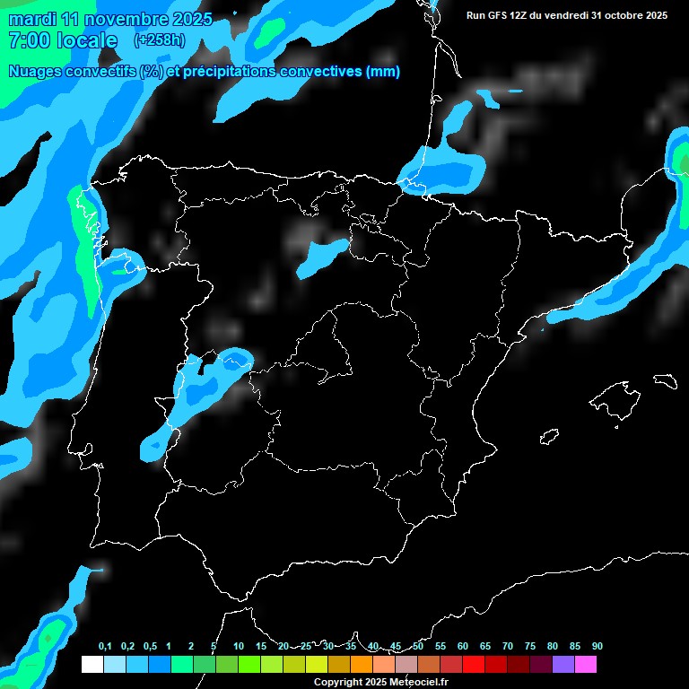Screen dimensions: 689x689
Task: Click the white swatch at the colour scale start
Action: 92,665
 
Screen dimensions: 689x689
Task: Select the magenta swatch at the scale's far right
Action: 585,665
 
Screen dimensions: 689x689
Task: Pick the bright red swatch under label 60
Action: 473,665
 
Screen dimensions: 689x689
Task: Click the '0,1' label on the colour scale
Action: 104,647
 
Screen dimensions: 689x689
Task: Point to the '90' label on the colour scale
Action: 597,647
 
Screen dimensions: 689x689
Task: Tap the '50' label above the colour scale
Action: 418,647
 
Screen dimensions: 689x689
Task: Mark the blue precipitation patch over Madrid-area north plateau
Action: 321,257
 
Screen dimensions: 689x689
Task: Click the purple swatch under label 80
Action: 563,665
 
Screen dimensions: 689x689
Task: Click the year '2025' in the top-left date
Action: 189,19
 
